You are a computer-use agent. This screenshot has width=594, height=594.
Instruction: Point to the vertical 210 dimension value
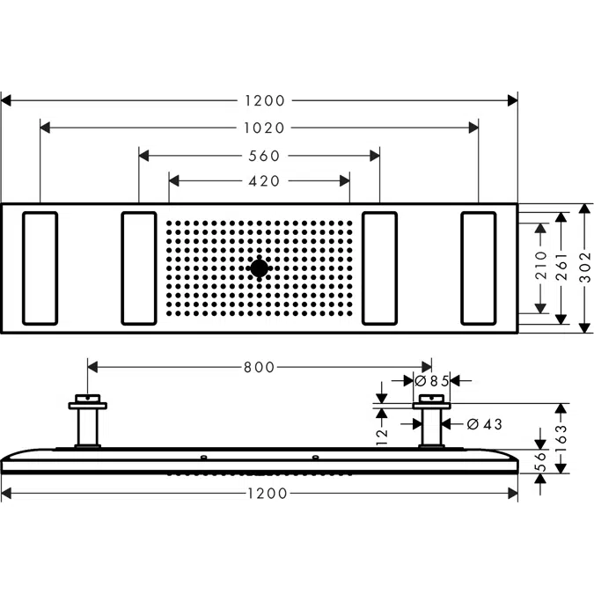(541, 267)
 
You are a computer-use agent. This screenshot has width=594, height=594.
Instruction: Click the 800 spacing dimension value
(260, 367)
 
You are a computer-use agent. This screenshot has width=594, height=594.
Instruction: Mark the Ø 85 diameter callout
(432, 381)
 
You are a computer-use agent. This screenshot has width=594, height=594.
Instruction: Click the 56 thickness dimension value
(541, 461)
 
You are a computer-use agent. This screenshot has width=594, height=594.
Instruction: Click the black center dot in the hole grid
(260, 268)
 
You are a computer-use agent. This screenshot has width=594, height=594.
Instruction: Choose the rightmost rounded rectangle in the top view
(478, 268)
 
